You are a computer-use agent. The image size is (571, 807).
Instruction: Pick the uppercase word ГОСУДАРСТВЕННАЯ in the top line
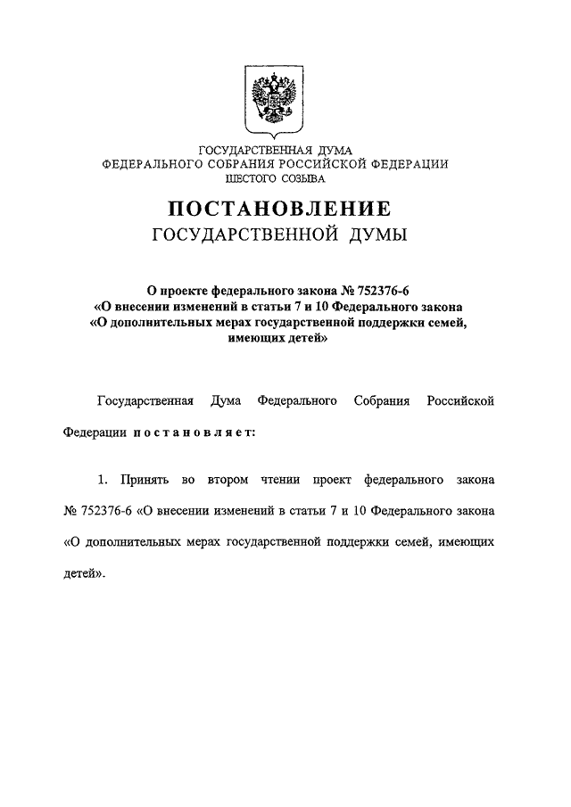pos(245,150)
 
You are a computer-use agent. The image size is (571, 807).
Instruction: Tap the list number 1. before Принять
pos(103,481)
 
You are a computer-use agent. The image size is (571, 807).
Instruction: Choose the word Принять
pos(143,481)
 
